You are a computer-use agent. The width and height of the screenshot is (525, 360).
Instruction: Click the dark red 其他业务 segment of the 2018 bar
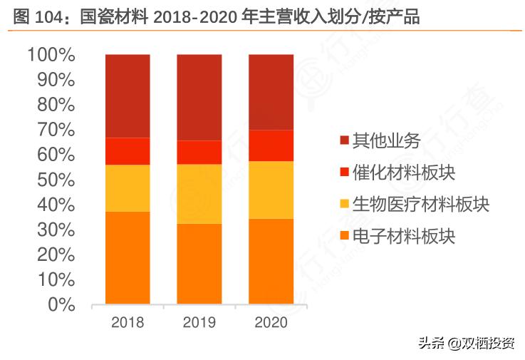(128, 96)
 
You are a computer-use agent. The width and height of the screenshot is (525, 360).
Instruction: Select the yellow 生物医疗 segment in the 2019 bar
(199, 194)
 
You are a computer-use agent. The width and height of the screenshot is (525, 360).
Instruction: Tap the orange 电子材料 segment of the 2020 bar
(271, 262)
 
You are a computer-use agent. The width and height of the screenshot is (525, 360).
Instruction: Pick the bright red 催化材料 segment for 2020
(271, 145)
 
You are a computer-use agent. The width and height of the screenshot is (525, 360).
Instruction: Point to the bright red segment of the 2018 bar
(128, 151)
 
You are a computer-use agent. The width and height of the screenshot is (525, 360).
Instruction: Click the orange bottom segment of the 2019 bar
(199, 264)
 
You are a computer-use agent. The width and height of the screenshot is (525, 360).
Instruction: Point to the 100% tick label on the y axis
(51, 55)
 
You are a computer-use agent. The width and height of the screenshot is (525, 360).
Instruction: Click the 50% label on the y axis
(56, 180)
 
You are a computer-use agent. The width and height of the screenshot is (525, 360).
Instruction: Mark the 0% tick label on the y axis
(61, 304)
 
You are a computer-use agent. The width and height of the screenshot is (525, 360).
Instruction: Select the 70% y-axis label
(56, 130)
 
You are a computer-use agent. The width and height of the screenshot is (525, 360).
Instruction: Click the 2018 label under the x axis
(128, 322)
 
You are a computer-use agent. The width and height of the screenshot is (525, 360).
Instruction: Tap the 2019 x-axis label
(199, 322)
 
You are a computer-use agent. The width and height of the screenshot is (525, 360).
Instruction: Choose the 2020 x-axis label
(271, 322)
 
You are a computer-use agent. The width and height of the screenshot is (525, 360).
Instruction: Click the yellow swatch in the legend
(345, 205)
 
